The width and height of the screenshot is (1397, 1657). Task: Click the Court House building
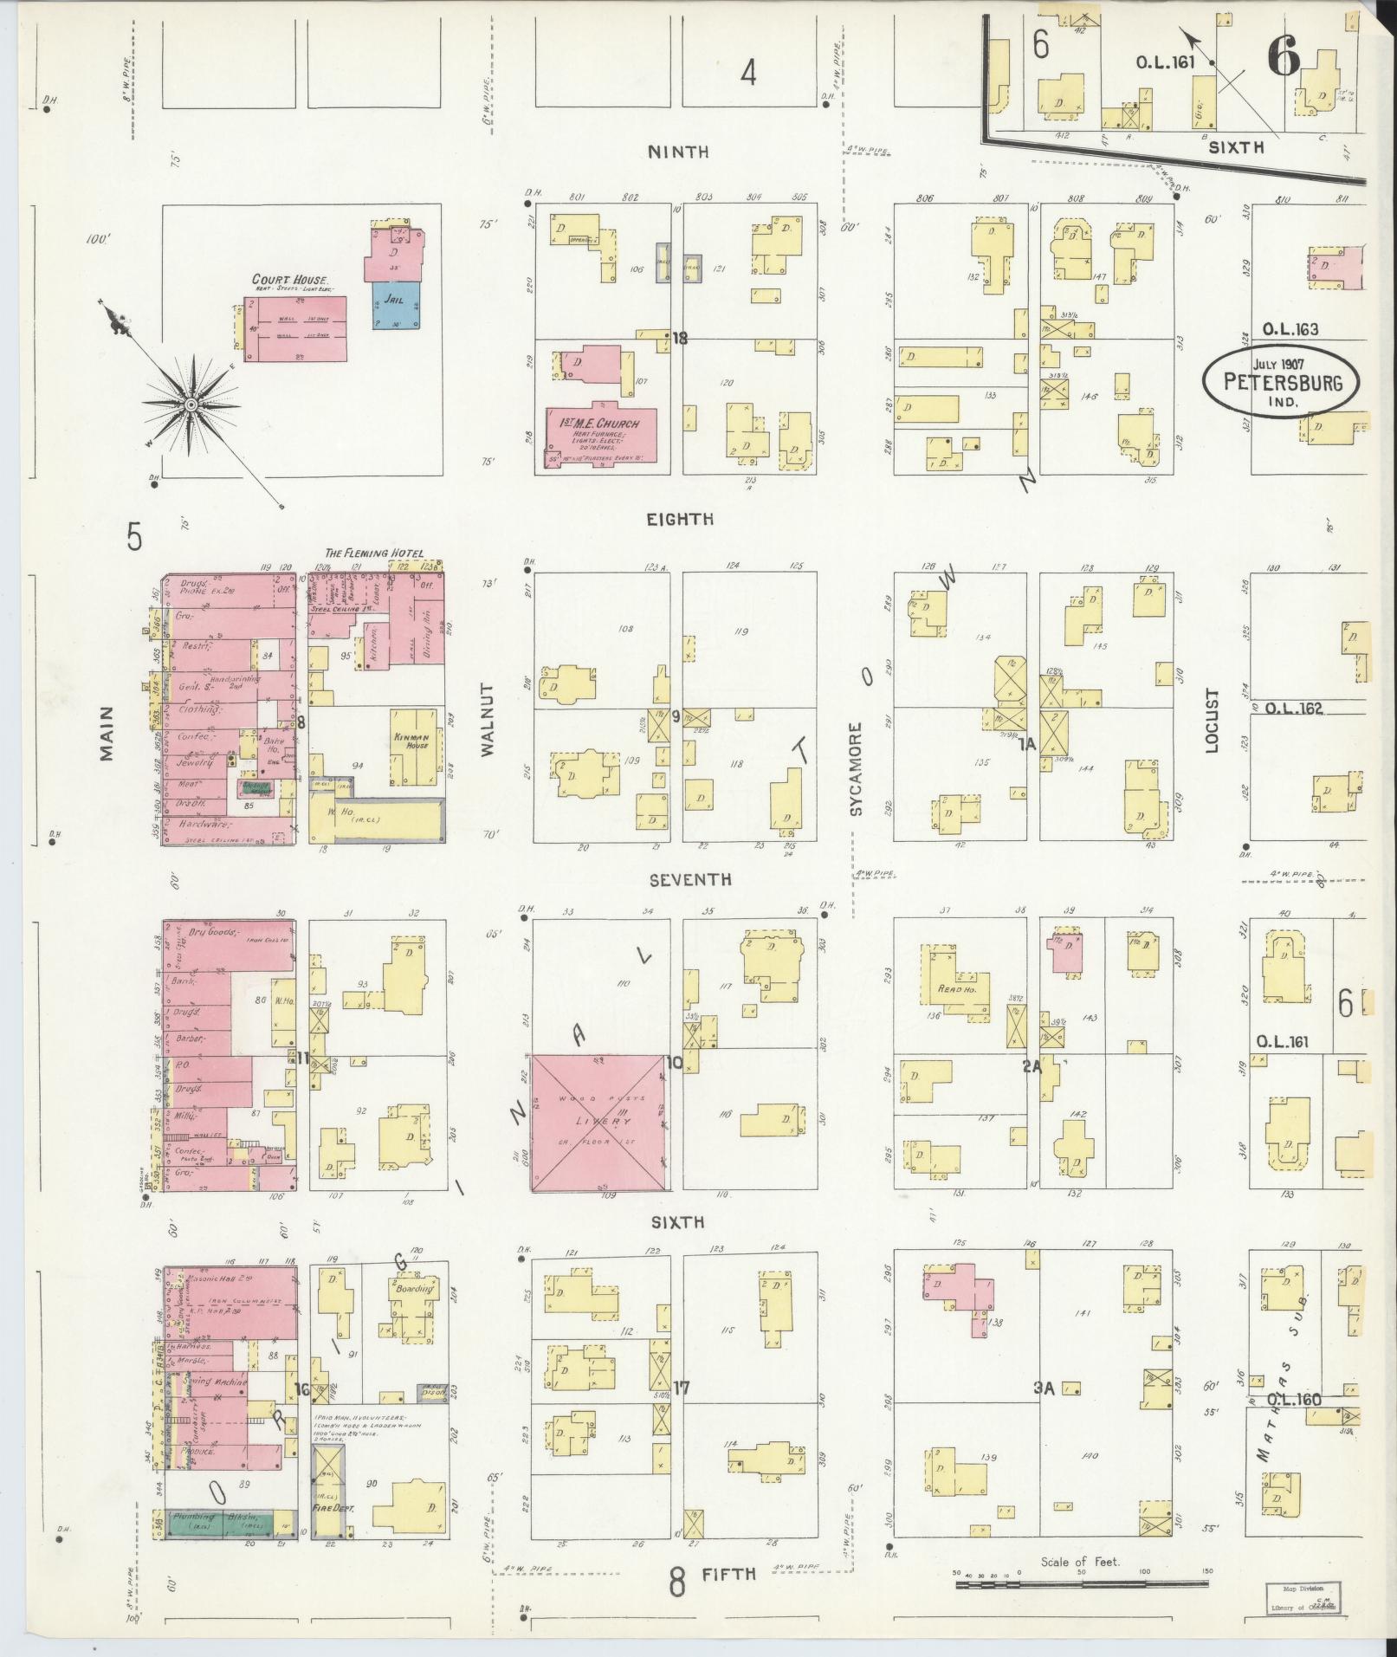tap(295, 329)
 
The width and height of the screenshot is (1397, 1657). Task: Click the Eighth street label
tap(681, 520)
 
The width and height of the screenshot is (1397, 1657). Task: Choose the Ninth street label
tap(679, 152)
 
